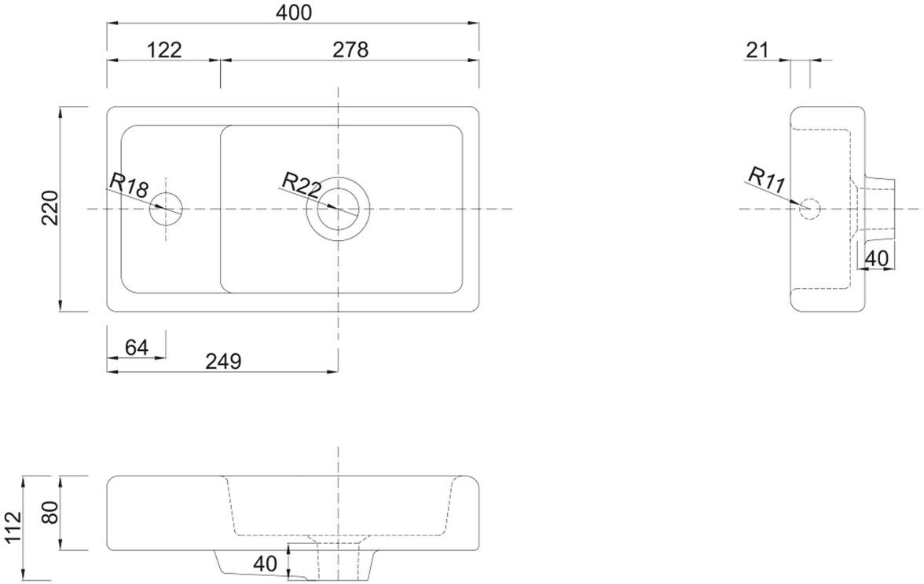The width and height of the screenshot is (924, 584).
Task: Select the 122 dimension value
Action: click(x=163, y=49)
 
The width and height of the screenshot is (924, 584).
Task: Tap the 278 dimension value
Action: click(x=350, y=49)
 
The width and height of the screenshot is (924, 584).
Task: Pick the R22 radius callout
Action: click(x=301, y=185)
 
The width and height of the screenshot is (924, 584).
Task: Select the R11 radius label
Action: click(x=767, y=180)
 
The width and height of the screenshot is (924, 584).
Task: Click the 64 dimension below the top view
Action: click(x=137, y=347)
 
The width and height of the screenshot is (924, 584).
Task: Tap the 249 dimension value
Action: click(x=223, y=361)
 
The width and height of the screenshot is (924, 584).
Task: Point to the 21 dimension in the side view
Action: click(x=757, y=50)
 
